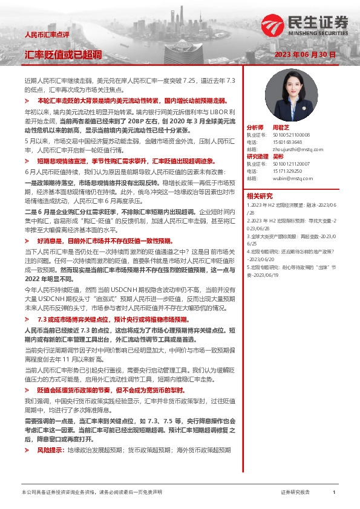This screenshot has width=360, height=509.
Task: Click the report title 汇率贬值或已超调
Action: [63, 54]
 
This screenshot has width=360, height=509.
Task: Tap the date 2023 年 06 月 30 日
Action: [303, 54]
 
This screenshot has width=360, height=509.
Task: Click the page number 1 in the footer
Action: [334, 493]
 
